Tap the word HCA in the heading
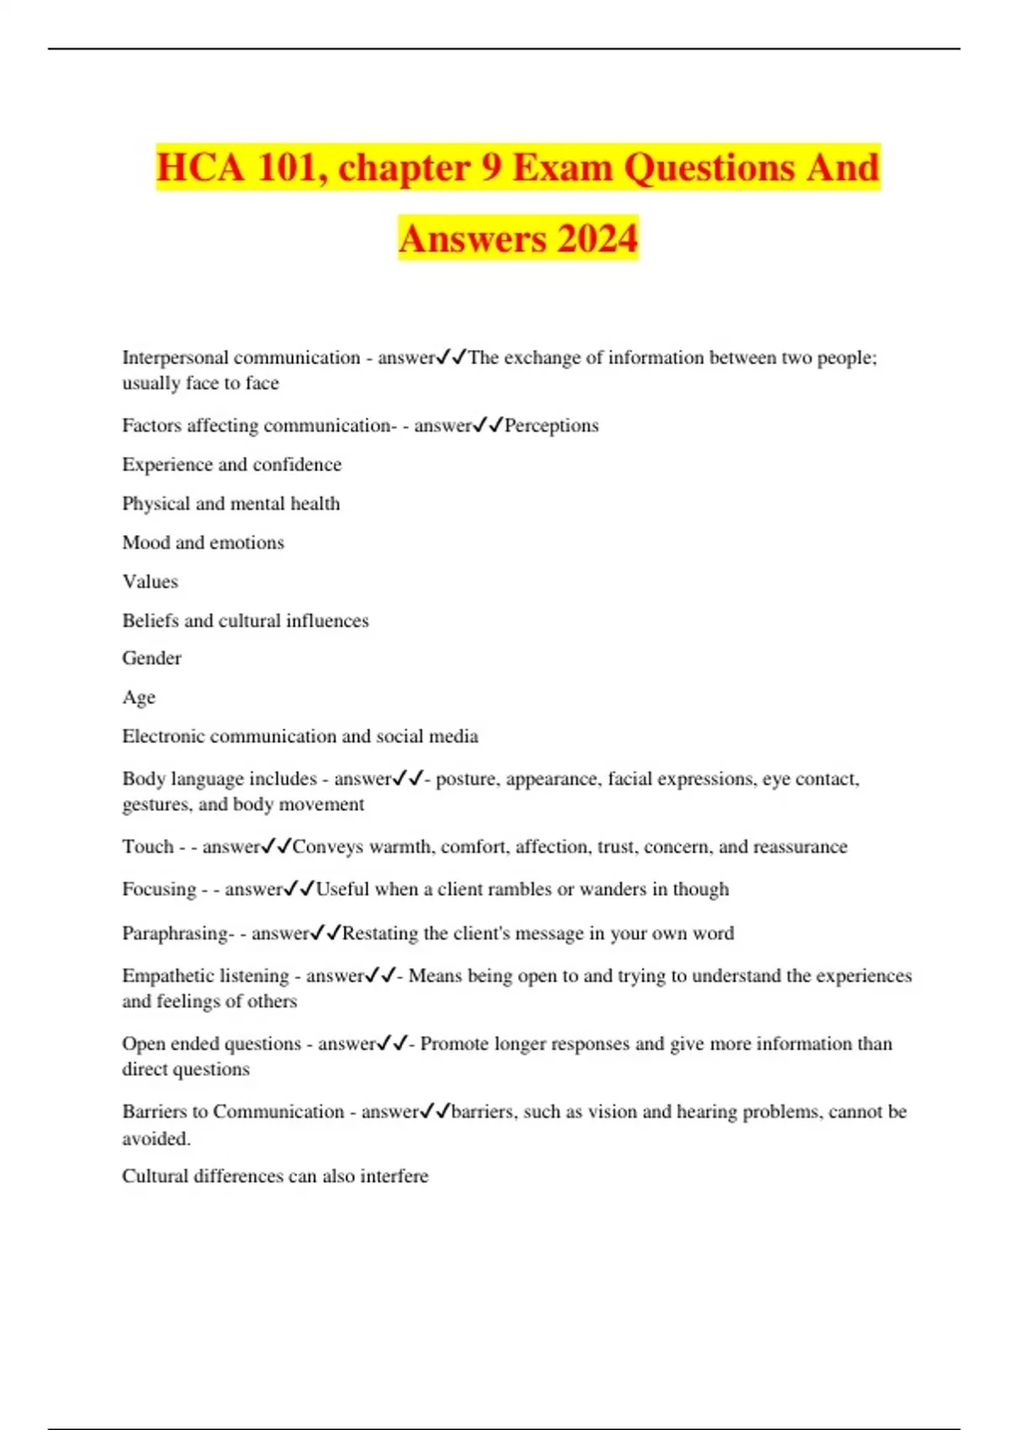(x=199, y=167)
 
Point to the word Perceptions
(x=552, y=426)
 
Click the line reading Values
(x=151, y=581)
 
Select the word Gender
(x=151, y=658)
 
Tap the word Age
(x=139, y=697)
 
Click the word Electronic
(x=163, y=736)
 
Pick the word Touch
(x=148, y=846)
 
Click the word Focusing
(x=159, y=889)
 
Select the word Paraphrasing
(x=175, y=933)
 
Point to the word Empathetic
(x=163, y=976)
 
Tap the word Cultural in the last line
(x=155, y=1176)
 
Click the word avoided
(x=156, y=1138)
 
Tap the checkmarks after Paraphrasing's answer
(x=326, y=933)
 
